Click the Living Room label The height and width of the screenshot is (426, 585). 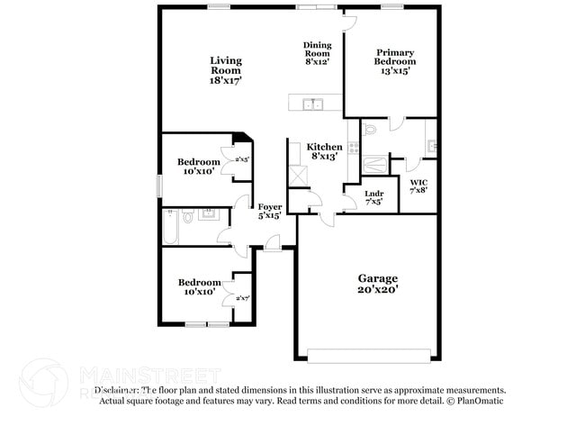[x=226, y=70]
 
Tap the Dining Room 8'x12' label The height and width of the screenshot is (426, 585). [x=317, y=53]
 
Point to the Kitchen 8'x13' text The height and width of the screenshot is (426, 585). [x=324, y=151]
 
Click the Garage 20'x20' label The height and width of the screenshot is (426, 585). [x=377, y=284]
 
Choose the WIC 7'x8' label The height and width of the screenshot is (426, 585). [x=419, y=186]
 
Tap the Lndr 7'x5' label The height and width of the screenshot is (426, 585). [x=374, y=197]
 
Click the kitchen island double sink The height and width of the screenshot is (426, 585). [x=313, y=104]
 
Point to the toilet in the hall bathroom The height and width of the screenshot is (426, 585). [x=187, y=216]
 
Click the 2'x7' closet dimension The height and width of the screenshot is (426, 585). [x=242, y=298]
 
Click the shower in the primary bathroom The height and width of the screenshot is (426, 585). [x=374, y=165]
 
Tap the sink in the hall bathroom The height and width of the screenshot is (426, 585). [x=210, y=214]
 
